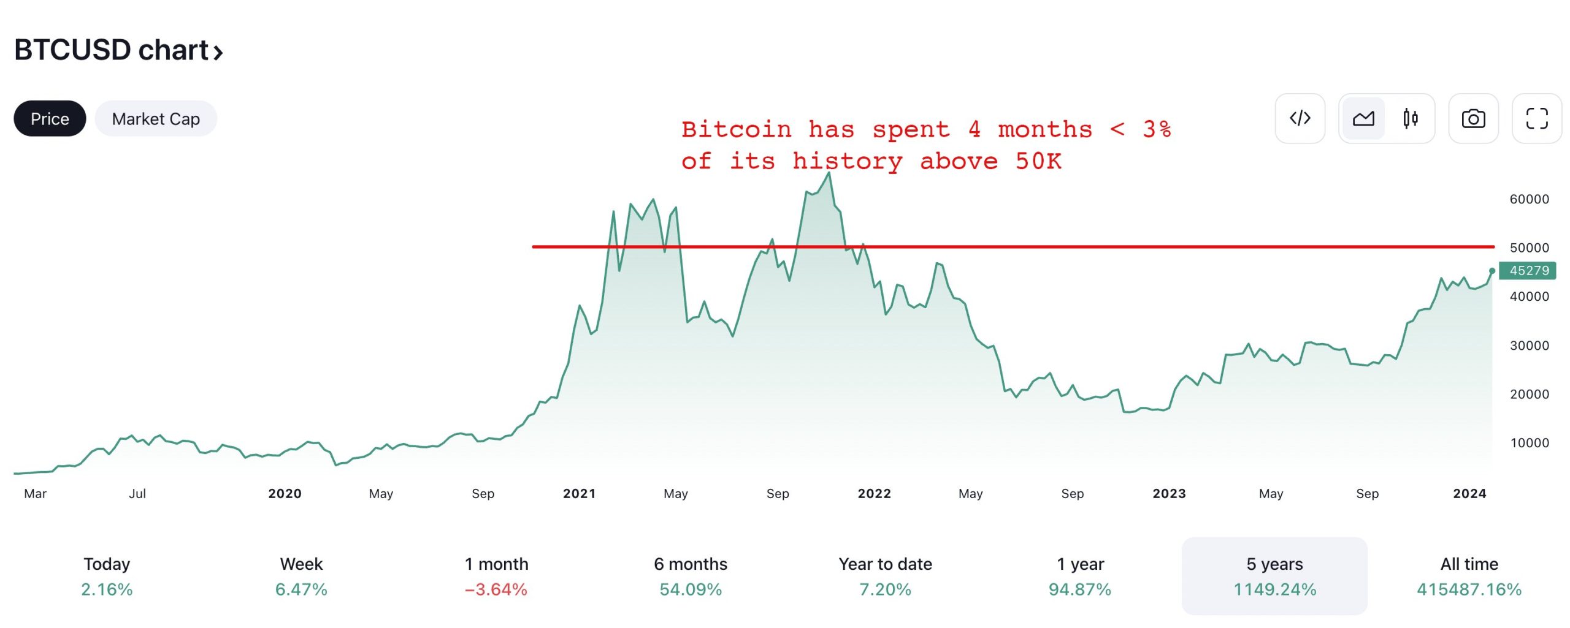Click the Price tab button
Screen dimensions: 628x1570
[x=50, y=119]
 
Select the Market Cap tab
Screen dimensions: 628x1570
[x=156, y=119]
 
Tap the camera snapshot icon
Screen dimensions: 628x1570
[x=1473, y=119]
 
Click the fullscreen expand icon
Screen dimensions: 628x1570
[x=1536, y=119]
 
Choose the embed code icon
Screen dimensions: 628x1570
[x=1300, y=119]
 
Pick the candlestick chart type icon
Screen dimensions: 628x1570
[x=1411, y=119]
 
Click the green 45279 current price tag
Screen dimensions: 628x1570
[x=1528, y=271]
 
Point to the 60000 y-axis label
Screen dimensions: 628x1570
[x=1529, y=199]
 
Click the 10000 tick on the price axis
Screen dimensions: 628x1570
[x=1529, y=443]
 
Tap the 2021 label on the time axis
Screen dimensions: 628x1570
[x=579, y=494]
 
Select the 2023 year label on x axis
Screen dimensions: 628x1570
[x=1169, y=494]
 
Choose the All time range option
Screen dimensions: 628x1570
[x=1469, y=564]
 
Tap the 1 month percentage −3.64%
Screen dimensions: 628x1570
[x=496, y=589]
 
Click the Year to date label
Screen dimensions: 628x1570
[x=885, y=564]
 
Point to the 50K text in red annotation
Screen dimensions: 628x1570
[x=1038, y=162]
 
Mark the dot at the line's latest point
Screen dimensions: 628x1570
[x=1492, y=271]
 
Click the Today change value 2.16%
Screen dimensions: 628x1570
[x=107, y=589]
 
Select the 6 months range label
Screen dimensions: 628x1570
[x=691, y=564]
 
